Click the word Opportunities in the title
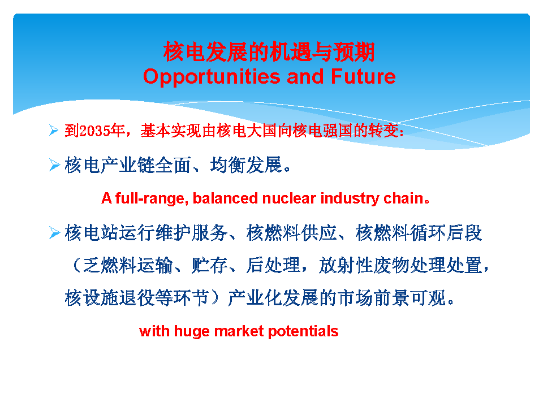click(212, 77)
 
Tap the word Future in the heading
click(363, 76)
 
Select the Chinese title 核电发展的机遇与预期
click(269, 52)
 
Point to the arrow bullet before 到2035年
click(54, 130)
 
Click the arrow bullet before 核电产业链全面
click(55, 164)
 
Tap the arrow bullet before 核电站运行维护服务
click(55, 232)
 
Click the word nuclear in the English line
click(289, 198)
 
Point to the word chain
click(404, 198)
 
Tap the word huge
click(192, 332)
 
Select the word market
click(239, 331)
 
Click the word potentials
click(303, 332)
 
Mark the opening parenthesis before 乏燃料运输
click(76, 266)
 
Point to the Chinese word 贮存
click(209, 266)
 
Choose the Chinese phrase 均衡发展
click(246, 164)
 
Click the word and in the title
click(305, 76)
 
